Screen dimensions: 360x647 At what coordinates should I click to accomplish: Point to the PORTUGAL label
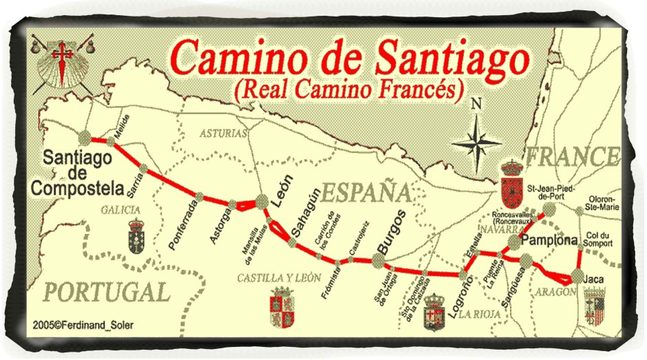coord(107,292)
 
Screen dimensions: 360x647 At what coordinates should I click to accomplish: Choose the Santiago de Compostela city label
coord(77,173)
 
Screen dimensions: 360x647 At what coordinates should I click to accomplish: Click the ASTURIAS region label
coord(223,133)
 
